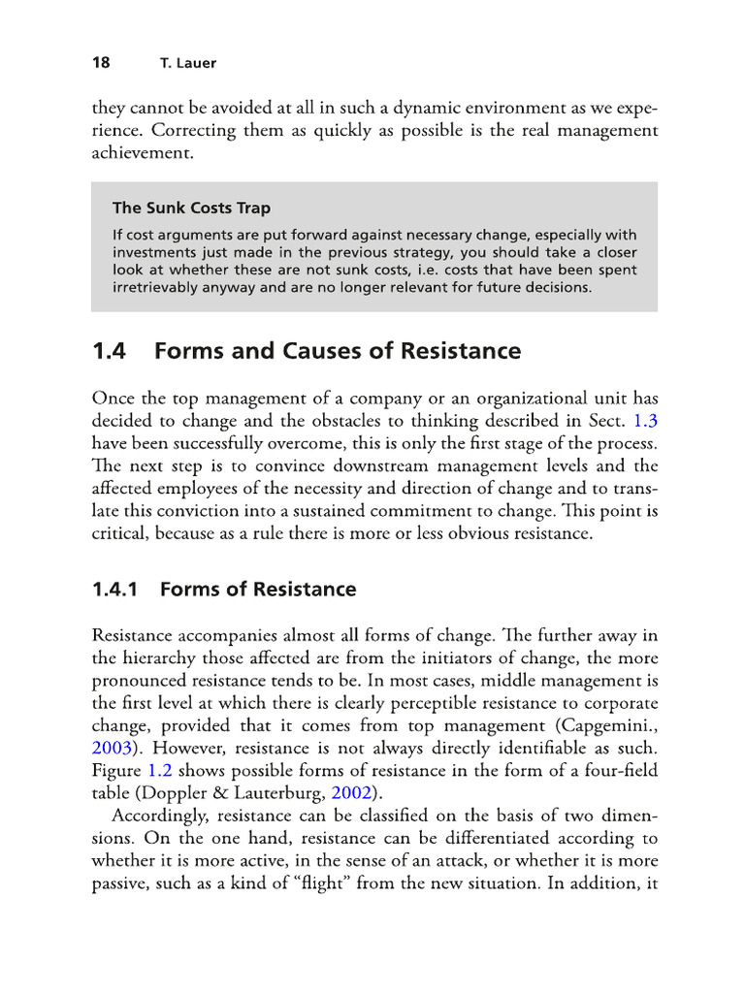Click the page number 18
pos(100,63)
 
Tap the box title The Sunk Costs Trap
pos(191,207)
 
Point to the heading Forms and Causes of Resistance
pos(337,351)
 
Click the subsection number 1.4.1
pos(116,589)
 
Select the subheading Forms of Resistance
pos(258,589)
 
